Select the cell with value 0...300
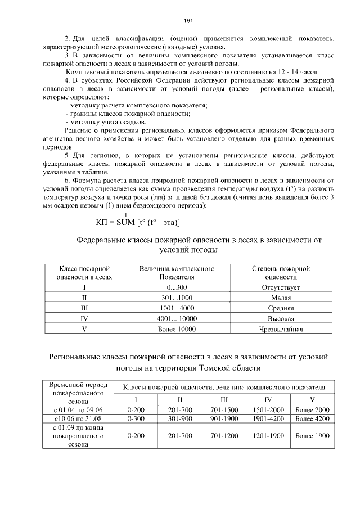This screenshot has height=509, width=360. click(177, 287)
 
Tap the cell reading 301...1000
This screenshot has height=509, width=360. click(177, 298)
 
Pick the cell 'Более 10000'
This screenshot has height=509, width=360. click(177, 329)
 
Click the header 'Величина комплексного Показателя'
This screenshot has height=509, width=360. click(177, 273)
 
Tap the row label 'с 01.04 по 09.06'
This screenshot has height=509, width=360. click(79, 409)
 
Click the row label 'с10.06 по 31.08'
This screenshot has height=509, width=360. click(79, 419)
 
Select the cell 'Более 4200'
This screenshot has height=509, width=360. click(312, 419)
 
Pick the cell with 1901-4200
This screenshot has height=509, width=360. click(269, 419)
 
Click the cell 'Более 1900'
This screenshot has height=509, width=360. click(312, 435)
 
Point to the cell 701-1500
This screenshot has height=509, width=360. click(224, 409)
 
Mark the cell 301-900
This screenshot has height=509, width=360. click(180, 419)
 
